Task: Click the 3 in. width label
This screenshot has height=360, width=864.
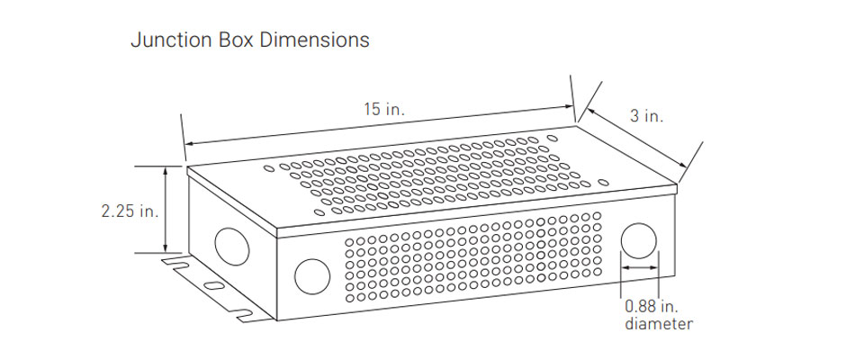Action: tap(646, 116)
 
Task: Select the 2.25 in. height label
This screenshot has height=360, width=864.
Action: tap(130, 211)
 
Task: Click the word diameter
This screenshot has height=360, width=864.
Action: tap(659, 323)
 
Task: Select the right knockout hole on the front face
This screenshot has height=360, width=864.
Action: tap(640, 241)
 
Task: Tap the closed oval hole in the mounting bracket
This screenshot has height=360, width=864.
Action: tap(213, 285)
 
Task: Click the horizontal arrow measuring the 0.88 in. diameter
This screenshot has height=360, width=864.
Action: tap(640, 267)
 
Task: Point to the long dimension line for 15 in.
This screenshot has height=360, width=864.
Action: tap(378, 130)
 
